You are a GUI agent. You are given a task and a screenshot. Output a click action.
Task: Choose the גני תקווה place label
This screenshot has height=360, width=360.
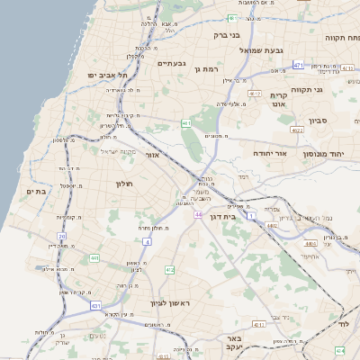click(x=306, y=89)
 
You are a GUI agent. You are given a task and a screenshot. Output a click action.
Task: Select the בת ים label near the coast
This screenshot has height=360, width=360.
click(x=36, y=191)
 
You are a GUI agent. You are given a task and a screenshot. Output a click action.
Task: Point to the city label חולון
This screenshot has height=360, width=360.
click(x=123, y=184)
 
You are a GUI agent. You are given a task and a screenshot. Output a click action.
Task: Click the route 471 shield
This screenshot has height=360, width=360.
click(x=299, y=66)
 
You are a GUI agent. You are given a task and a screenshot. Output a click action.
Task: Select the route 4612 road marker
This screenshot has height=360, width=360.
click(x=255, y=94)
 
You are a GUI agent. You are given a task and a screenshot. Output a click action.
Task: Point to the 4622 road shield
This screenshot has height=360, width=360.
click(x=295, y=130)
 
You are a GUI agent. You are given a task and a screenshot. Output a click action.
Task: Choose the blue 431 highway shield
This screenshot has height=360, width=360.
click(x=95, y=306)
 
